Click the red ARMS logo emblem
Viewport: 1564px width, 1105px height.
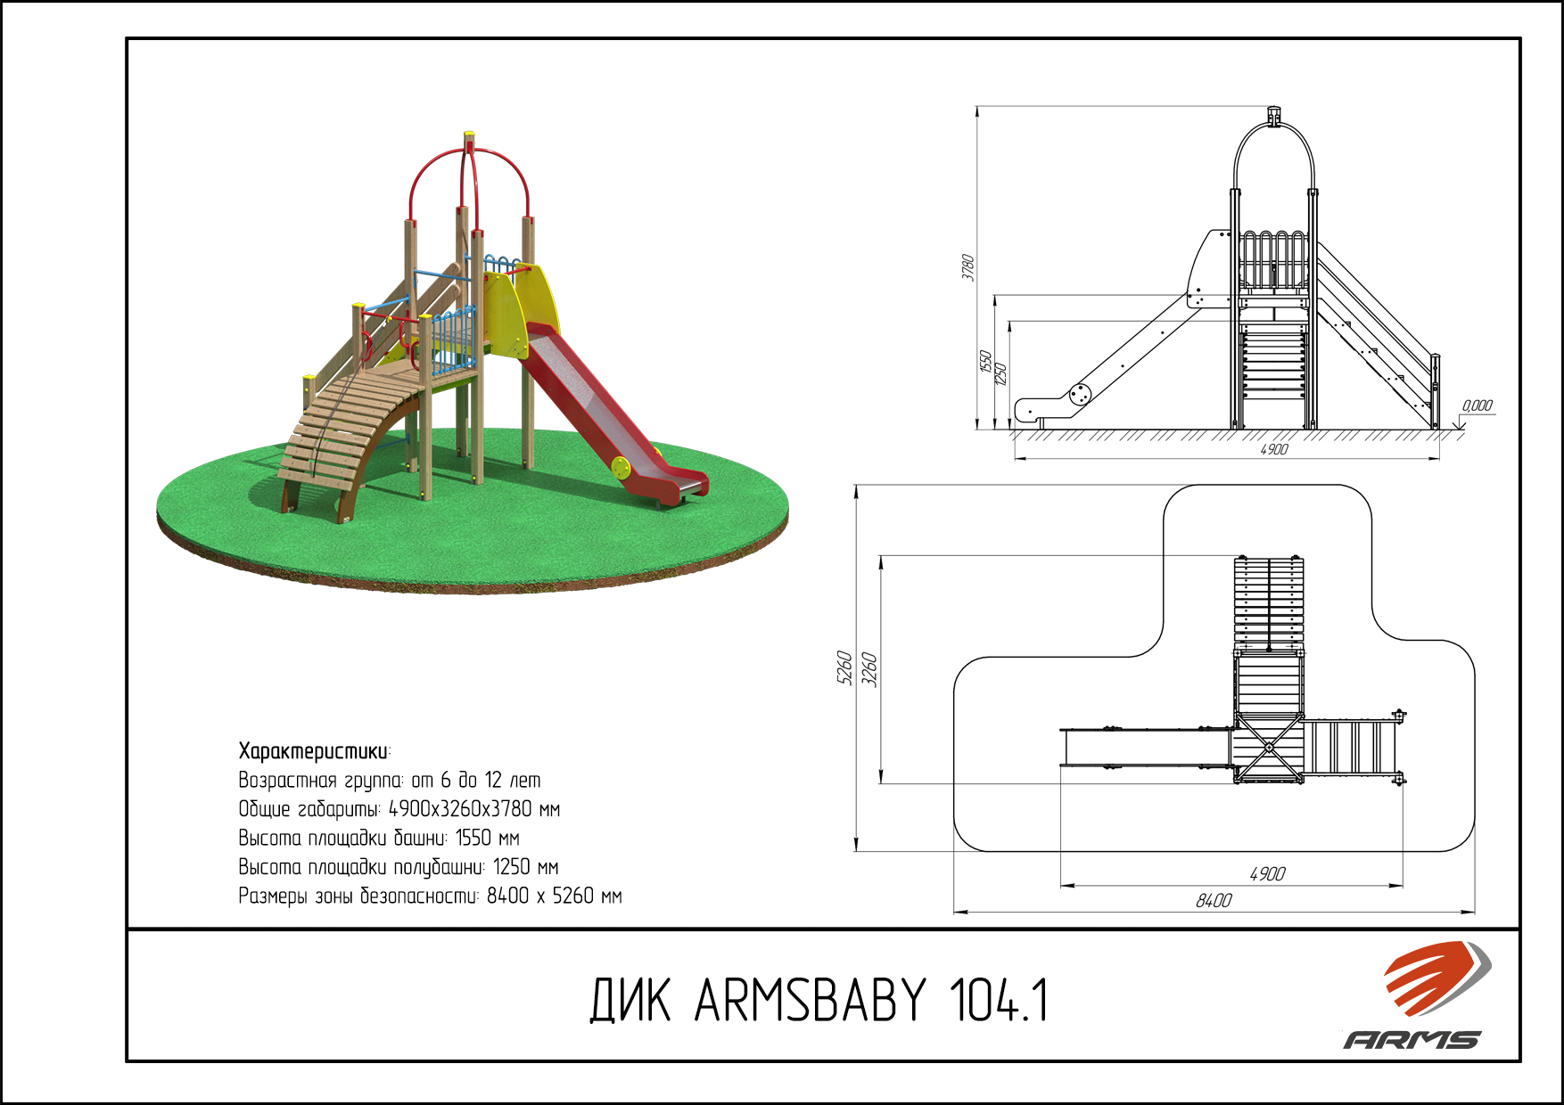tap(1436, 978)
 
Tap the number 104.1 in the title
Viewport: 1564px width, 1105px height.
tap(999, 1000)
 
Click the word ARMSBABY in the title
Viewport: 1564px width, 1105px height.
tap(811, 1000)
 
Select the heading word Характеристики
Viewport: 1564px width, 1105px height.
tap(314, 751)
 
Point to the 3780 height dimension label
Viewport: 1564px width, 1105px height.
tap(967, 267)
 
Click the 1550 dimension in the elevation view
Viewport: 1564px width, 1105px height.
tap(985, 361)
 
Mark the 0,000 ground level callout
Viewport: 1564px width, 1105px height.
tap(1478, 405)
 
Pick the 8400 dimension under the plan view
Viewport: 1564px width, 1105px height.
tap(1214, 901)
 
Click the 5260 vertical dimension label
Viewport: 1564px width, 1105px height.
tap(844, 668)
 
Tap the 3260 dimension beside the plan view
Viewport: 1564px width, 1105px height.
tap(870, 670)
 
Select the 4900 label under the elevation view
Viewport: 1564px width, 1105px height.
tap(1274, 449)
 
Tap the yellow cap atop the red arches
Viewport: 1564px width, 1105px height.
tap(468, 141)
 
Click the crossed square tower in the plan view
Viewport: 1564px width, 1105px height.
tap(1268, 749)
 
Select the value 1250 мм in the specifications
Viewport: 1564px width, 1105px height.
tap(525, 867)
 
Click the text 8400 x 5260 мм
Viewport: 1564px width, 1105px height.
tap(554, 896)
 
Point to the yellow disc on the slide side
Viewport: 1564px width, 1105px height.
tap(621, 466)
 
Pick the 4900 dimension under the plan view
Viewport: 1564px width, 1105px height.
tap(1267, 874)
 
